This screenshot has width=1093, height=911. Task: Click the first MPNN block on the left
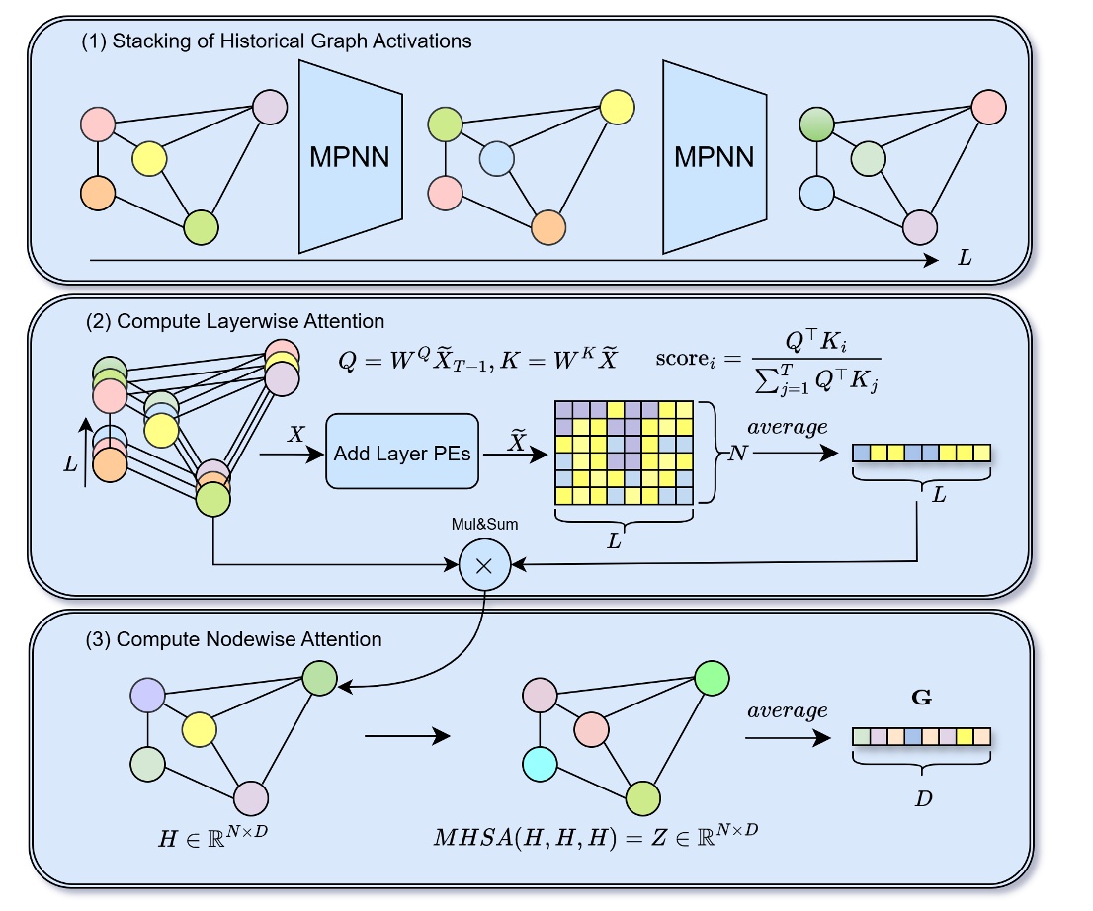pos(350,156)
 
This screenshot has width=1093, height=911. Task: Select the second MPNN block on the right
pos(714,156)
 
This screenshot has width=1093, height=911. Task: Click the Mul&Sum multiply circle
pos(483,565)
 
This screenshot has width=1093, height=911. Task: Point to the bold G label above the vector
pos(921,699)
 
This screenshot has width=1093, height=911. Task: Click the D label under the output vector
pos(923,797)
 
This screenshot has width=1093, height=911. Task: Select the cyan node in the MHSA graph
pos(541,764)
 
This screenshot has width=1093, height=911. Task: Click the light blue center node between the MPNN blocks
pos(496,157)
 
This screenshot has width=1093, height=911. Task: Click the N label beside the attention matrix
pos(736,454)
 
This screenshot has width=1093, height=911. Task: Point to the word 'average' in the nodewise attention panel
pos(787,711)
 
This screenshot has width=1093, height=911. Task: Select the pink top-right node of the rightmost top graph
pos(987,106)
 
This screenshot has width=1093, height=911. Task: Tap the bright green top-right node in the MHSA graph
pos(712,678)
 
